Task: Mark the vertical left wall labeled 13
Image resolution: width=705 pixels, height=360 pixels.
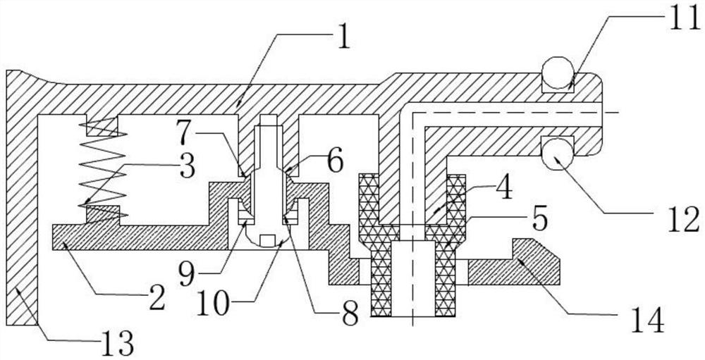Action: point(21,211)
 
